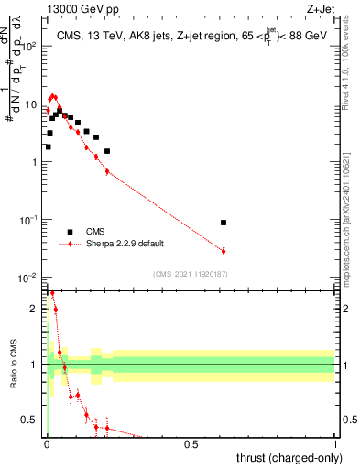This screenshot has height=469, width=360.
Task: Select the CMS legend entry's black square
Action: point(70,232)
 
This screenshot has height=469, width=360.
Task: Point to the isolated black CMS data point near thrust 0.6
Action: point(224,223)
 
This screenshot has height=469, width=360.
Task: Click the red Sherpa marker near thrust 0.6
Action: point(224,251)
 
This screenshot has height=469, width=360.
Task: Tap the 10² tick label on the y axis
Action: point(31,46)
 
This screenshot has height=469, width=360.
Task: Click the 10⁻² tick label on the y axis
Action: point(31,278)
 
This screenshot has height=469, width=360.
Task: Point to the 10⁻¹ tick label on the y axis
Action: point(31,220)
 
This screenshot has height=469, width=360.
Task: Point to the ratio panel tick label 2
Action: point(37,309)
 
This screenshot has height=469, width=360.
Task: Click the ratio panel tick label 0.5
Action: point(33,420)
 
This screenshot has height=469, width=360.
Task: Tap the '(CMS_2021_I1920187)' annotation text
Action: point(191,272)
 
